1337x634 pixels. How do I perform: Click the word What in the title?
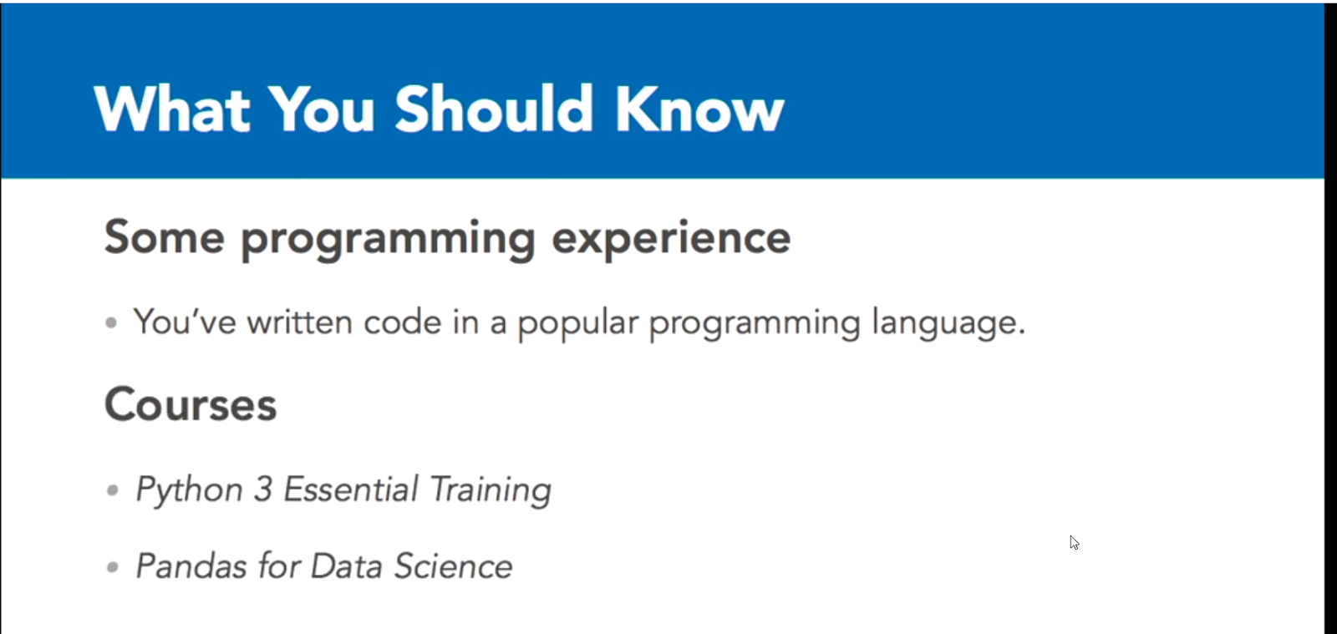tap(172, 109)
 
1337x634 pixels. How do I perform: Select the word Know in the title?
tap(699, 109)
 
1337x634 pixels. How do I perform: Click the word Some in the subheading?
tap(164, 237)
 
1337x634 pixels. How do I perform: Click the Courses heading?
tap(191, 403)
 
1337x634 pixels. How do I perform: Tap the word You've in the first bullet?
tap(185, 322)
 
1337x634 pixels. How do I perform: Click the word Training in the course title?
tap(491, 491)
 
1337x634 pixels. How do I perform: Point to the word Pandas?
tap(191, 566)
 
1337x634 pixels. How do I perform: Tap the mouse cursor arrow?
tap(1075, 542)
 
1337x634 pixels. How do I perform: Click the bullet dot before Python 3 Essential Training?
tap(112, 490)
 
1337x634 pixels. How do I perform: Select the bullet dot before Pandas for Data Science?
tap(112, 566)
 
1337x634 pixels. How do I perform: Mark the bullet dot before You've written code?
tap(111, 322)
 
